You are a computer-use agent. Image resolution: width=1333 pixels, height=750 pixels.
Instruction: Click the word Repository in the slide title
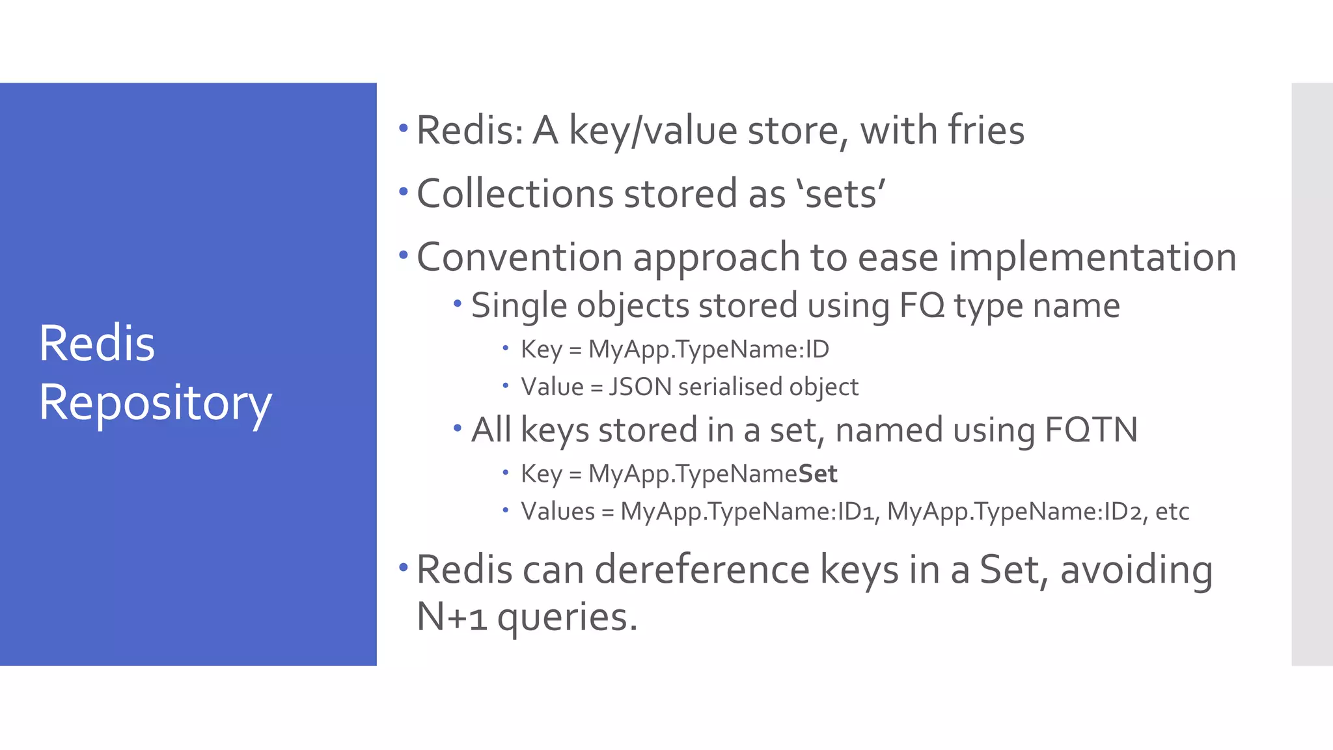pyautogui.click(x=155, y=404)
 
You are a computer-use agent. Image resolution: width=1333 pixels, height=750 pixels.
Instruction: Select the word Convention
pyautogui.click(x=519, y=257)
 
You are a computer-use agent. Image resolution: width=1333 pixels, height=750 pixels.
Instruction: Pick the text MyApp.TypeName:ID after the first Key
pyautogui.click(x=708, y=350)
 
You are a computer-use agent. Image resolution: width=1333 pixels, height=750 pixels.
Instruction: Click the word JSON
pyautogui.click(x=640, y=387)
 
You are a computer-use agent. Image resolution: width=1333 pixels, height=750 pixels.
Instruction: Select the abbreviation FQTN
pyautogui.click(x=1091, y=430)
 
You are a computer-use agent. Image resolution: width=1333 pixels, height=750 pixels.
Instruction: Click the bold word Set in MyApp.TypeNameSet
pyautogui.click(x=818, y=474)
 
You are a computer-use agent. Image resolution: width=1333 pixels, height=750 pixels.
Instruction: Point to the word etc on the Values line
pyautogui.click(x=1172, y=512)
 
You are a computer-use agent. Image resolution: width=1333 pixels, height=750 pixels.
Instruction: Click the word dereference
pyautogui.click(x=702, y=570)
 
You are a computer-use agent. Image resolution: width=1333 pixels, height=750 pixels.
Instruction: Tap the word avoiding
pyautogui.click(x=1136, y=570)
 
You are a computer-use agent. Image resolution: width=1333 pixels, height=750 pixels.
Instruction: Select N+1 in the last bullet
pyautogui.click(x=451, y=617)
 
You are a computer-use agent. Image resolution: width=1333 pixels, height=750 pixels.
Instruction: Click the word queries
pyautogui.click(x=567, y=617)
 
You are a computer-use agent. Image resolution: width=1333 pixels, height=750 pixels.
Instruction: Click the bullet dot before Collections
pyautogui.click(x=404, y=192)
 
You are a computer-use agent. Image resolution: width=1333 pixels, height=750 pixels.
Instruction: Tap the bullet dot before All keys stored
pyautogui.click(x=458, y=428)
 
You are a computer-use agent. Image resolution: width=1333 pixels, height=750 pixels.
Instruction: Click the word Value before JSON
pyautogui.click(x=552, y=387)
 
